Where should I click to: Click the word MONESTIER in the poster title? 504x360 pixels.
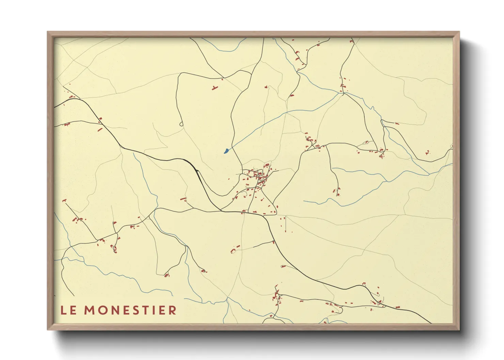130,310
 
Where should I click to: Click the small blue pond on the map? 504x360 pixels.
226,150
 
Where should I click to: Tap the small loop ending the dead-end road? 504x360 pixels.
181,124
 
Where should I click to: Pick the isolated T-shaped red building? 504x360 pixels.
214,88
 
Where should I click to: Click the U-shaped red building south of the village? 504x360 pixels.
234,250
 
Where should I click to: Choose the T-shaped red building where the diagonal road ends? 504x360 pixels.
64,201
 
